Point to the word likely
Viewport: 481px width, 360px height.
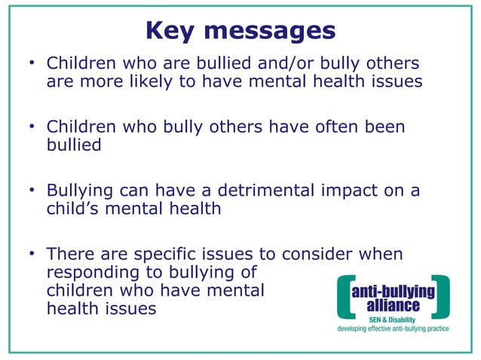(147, 81)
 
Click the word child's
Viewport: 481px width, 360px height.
(75, 209)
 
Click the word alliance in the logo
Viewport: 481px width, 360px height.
(394, 306)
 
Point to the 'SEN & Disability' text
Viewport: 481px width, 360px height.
(394, 319)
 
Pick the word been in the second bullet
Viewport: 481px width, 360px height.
(383, 127)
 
